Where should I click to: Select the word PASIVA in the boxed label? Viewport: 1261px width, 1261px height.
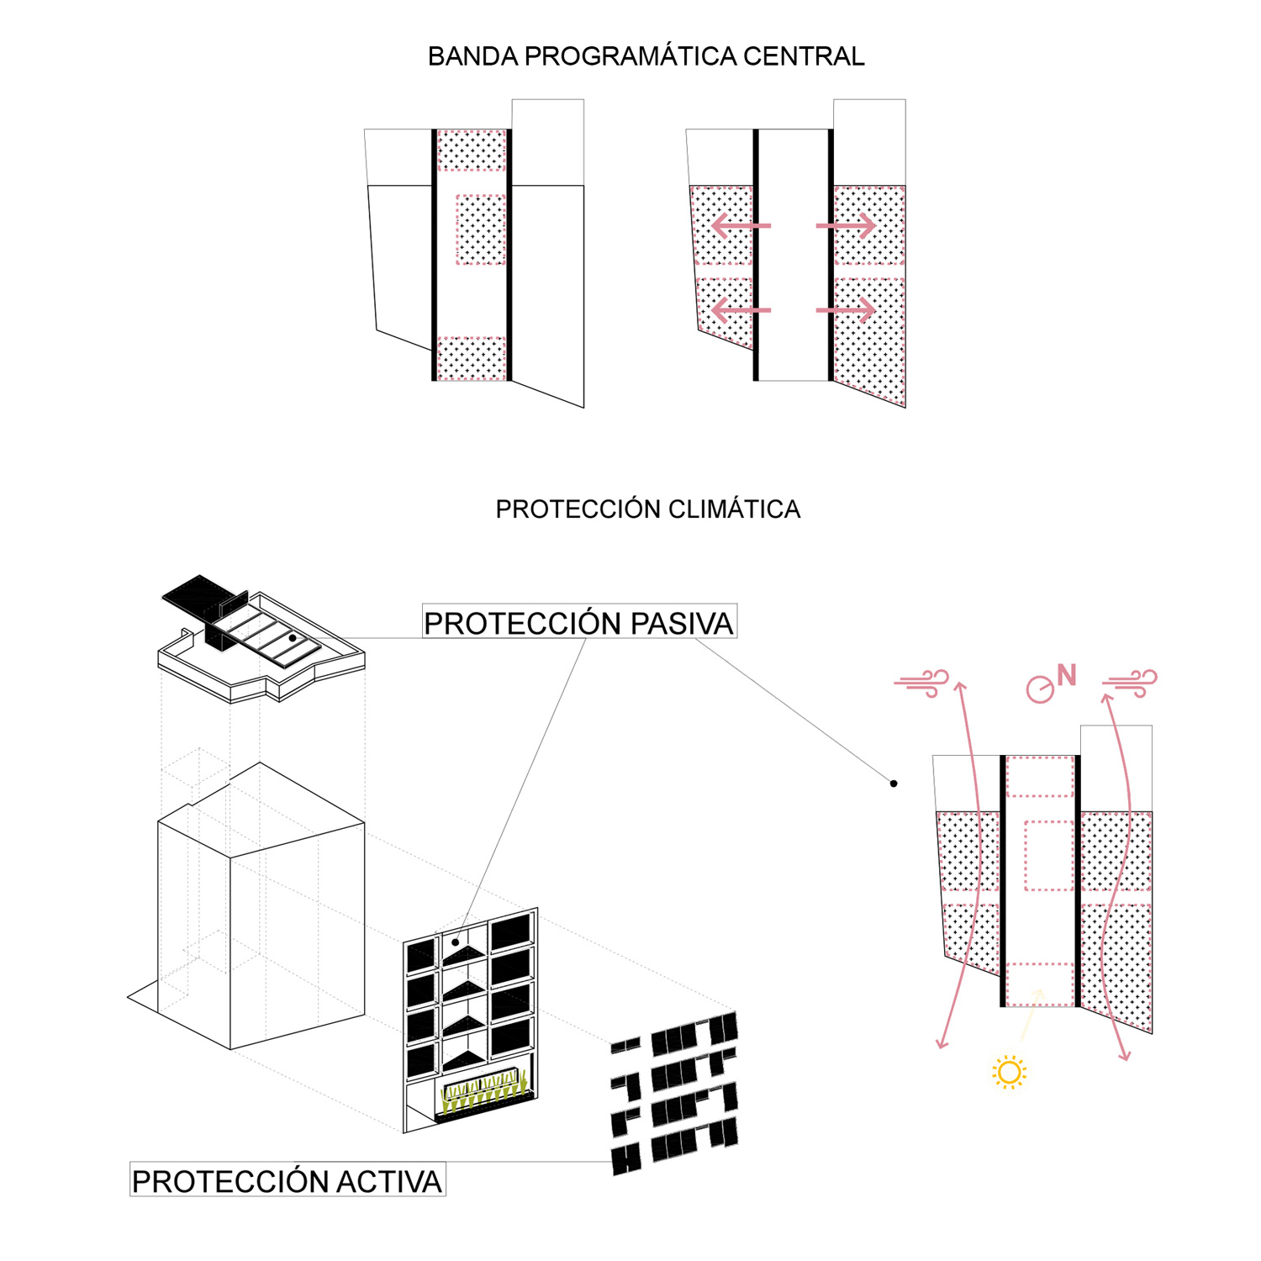click(x=682, y=624)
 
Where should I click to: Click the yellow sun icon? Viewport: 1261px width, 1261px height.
click(x=1009, y=1073)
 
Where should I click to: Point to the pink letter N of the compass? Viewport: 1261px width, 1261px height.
click(x=1066, y=675)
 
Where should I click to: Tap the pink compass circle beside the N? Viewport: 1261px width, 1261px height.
click(x=1040, y=689)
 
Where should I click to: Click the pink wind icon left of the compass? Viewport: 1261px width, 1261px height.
click(x=922, y=683)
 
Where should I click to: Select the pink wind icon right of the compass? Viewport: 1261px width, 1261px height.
click(x=1130, y=683)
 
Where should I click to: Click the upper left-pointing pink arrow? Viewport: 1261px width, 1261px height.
click(x=741, y=225)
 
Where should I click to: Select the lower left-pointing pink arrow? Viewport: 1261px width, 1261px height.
click(x=741, y=310)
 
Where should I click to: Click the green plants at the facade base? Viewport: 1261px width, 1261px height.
click(x=483, y=1093)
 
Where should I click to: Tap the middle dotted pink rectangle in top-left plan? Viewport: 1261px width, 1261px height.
click(x=481, y=230)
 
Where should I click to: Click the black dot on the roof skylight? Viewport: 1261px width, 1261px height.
click(x=293, y=638)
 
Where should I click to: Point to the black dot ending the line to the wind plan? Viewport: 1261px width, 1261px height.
click(x=894, y=784)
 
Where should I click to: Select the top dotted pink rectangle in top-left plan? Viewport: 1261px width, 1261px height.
click(x=472, y=150)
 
